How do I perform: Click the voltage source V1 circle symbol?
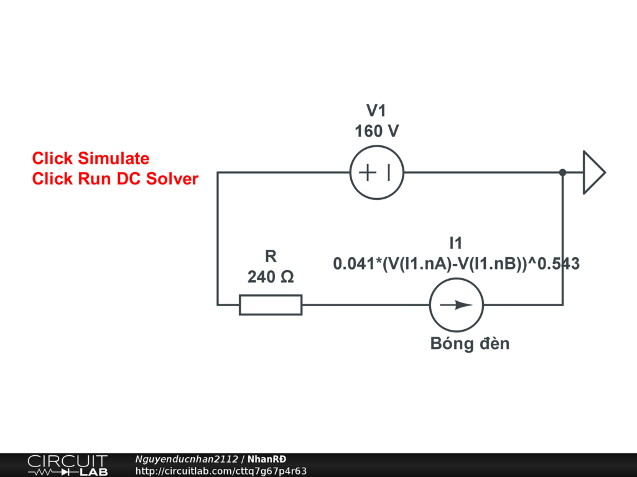pyautogui.click(x=376, y=173)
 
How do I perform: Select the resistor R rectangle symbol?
pyautogui.click(x=271, y=305)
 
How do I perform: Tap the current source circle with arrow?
pyautogui.click(x=456, y=305)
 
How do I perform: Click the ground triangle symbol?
pyautogui.click(x=593, y=172)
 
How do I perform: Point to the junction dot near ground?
pyautogui.click(x=562, y=172)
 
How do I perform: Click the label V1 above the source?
pyautogui.click(x=376, y=111)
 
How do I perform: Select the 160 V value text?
pyautogui.click(x=376, y=132)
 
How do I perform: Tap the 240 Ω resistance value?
pyautogui.click(x=271, y=276)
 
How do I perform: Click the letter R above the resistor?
pyautogui.click(x=271, y=256)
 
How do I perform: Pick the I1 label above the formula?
pyautogui.click(x=456, y=243)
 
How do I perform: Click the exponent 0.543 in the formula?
pyautogui.click(x=558, y=264)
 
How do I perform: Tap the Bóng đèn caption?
pyautogui.click(x=470, y=343)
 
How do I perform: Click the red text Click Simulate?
pyautogui.click(x=91, y=158)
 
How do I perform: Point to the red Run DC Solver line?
pyautogui.click(x=115, y=179)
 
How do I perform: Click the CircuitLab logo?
pyautogui.click(x=67, y=465)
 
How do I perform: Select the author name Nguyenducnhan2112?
pyautogui.click(x=187, y=459)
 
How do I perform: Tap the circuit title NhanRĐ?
pyautogui.click(x=267, y=459)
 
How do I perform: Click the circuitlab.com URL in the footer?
pyautogui.click(x=221, y=471)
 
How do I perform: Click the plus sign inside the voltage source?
pyautogui.click(x=368, y=172)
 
